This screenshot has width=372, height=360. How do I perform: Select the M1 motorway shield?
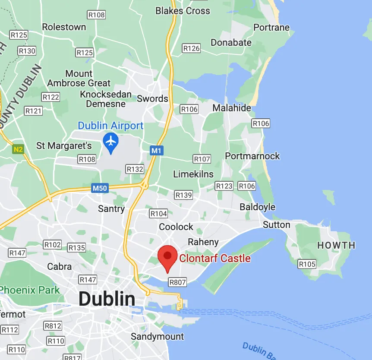157,151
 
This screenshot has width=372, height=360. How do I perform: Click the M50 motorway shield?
99,188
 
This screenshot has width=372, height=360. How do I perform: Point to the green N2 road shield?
17,150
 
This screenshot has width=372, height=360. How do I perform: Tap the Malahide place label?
231,108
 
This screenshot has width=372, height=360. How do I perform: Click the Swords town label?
152,98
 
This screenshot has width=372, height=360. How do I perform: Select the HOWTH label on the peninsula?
336,245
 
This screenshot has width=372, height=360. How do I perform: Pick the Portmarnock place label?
252,156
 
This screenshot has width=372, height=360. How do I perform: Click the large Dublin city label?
107,299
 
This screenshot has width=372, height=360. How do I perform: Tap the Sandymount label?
158,336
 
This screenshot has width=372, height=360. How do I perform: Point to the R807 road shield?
177,282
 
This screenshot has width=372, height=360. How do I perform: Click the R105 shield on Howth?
307,264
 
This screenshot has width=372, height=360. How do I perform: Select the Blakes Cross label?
183,10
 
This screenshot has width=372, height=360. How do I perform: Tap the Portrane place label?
271,28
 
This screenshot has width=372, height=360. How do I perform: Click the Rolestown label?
64,27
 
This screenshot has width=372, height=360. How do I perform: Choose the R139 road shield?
183,195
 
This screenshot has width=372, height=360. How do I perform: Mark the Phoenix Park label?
29,290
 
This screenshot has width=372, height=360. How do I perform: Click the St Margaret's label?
64,145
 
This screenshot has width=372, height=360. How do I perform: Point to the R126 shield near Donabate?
191,48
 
